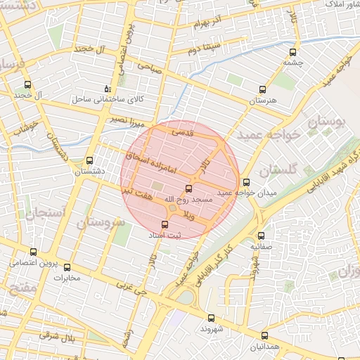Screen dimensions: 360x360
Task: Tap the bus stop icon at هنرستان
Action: coord(263,89)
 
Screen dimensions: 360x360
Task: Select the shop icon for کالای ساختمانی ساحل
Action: coord(107,89)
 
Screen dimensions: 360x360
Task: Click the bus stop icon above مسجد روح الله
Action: coord(188,188)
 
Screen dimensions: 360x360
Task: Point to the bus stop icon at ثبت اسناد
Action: coord(165,225)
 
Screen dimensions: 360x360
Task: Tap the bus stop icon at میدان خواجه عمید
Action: coord(246,182)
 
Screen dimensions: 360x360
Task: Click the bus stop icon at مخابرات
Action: coord(67,266)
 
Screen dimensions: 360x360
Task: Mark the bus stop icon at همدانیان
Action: coord(264,336)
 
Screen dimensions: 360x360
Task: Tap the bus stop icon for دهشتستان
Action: coord(89,160)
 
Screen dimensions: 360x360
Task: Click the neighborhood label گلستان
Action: coord(278,171)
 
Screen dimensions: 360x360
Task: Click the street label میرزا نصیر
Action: coord(127,120)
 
